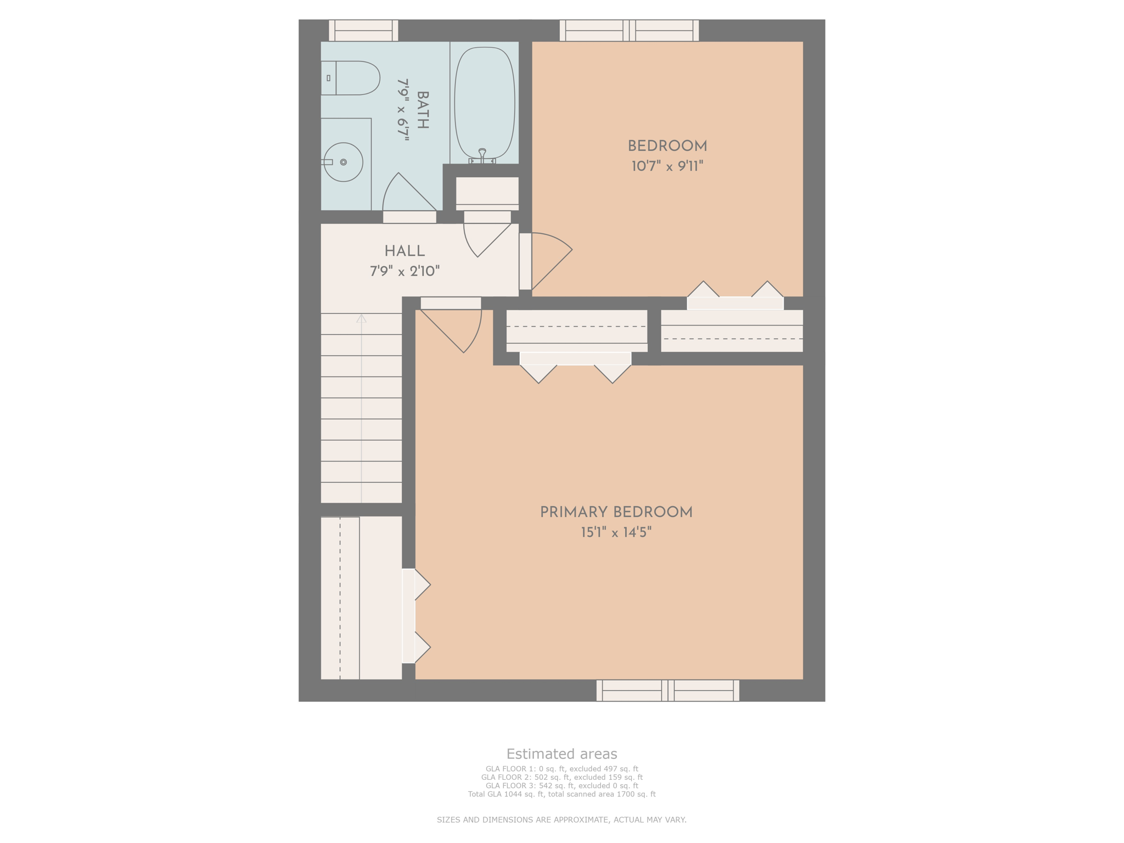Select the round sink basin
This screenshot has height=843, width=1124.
point(343,162)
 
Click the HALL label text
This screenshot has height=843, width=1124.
point(404,251)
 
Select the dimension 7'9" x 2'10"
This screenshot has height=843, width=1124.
point(404,271)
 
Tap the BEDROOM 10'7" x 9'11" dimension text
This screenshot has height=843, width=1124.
point(667,166)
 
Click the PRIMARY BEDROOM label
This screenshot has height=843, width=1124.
point(616,512)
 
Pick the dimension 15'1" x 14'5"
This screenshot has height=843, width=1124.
point(616,532)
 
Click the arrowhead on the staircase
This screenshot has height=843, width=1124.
point(361,318)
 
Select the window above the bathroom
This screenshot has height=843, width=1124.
point(363,30)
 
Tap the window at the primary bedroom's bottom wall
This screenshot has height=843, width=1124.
point(667,690)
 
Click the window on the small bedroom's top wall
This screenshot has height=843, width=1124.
point(629,30)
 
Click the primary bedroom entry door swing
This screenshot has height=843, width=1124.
point(456,329)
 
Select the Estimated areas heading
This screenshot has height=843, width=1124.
point(561,754)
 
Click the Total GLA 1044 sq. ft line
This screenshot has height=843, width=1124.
point(561,794)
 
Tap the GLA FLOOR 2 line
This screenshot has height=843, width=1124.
point(561,777)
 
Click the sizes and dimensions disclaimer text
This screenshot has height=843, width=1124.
point(561,820)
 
